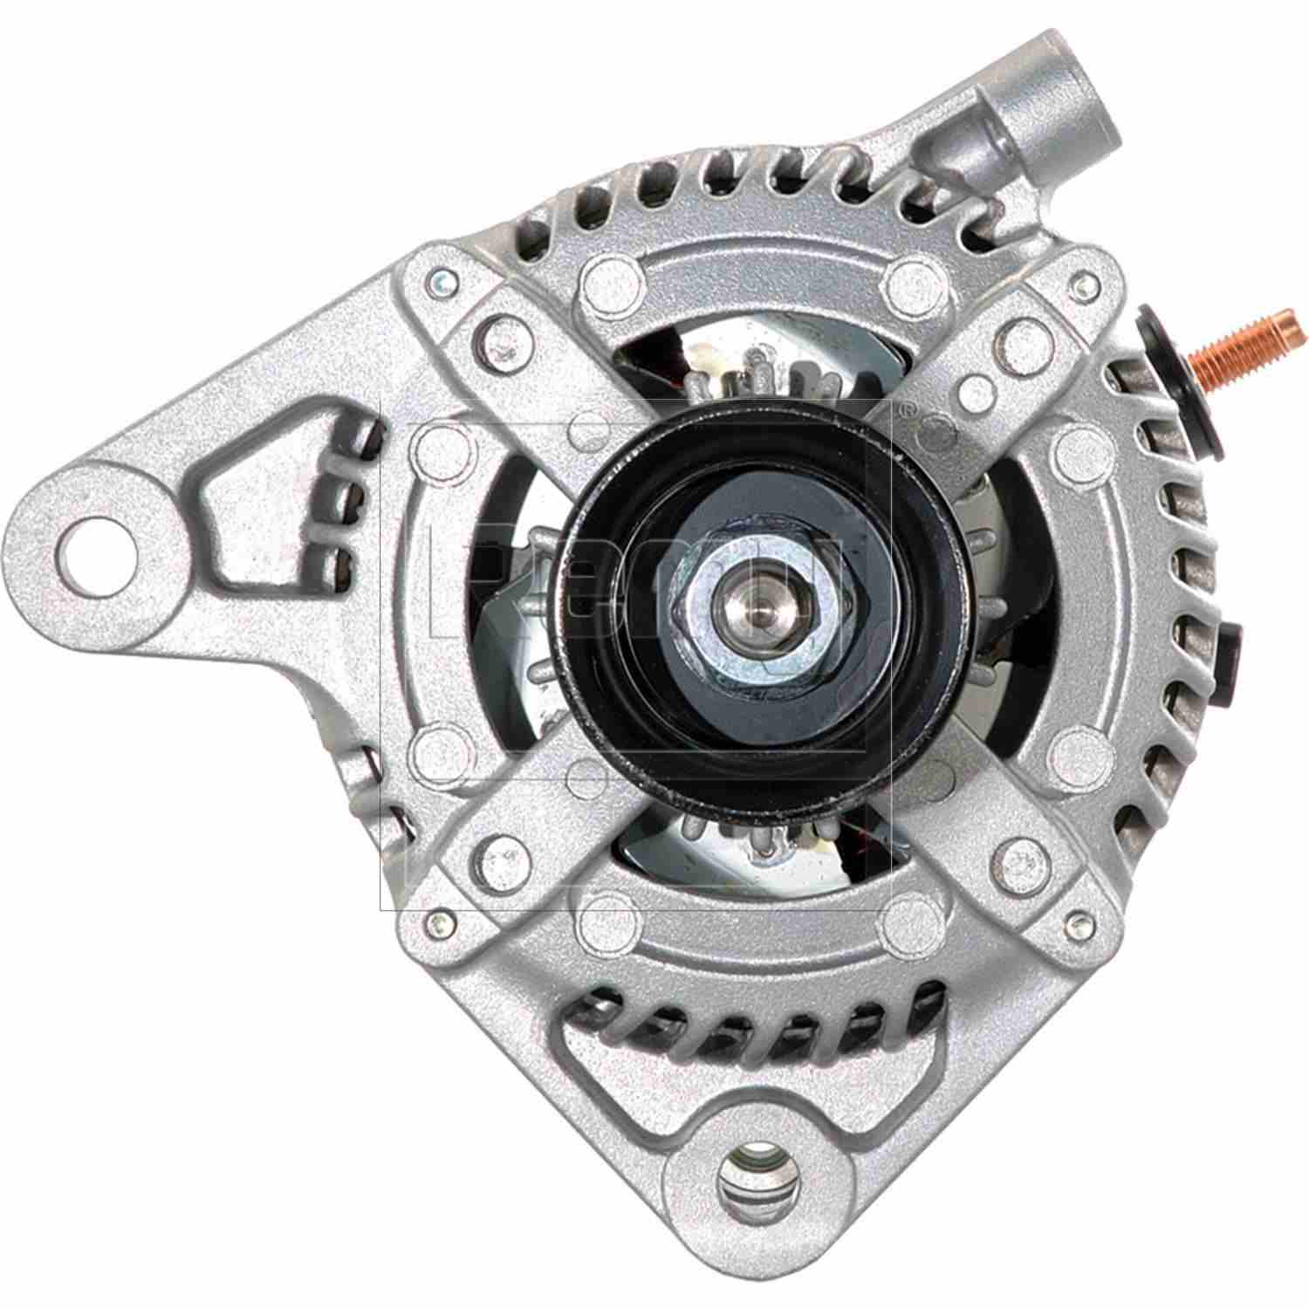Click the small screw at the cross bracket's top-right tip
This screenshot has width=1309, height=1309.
coord(1085,281)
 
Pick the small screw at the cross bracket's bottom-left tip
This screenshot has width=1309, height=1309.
coord(435,920)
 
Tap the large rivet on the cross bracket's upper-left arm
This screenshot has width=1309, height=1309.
coord(501,334)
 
